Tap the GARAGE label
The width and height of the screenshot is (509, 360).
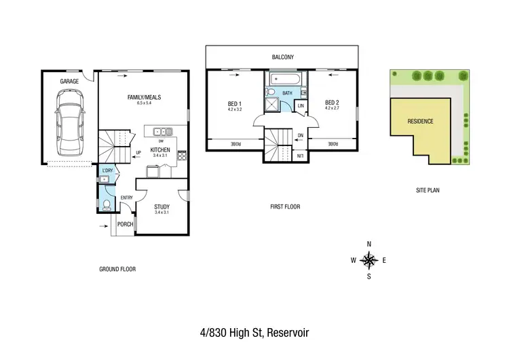point(69,81)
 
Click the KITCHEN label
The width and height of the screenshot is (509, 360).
point(159,149)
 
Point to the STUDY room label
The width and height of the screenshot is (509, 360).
point(162,207)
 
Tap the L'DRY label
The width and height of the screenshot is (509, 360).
point(107,170)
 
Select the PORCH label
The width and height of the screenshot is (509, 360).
point(125,224)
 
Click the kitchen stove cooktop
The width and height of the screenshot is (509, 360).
point(182,155)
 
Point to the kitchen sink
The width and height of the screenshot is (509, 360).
point(162,131)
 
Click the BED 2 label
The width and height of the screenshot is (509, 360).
point(331,104)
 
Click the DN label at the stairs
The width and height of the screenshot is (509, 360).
point(301,134)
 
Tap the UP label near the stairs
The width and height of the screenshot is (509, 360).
point(138,152)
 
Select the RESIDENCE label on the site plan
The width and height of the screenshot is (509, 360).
point(420,122)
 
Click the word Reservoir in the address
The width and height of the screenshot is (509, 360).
point(288,333)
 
